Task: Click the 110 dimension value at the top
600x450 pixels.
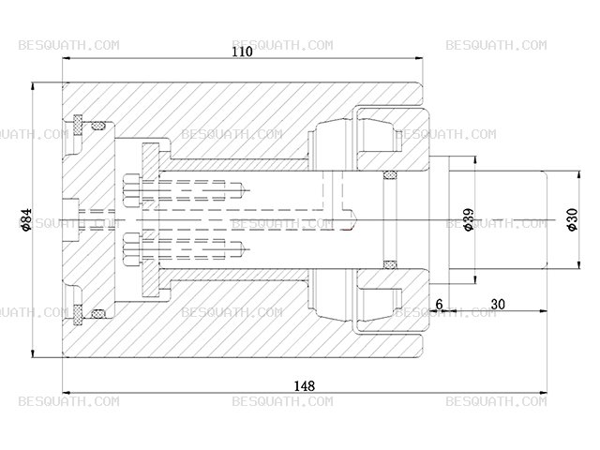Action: tap(243, 52)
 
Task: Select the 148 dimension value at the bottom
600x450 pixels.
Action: tap(305, 385)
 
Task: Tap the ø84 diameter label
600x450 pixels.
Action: tap(26, 220)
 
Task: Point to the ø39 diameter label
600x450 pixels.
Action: tap(469, 219)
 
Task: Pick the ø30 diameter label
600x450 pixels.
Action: tap(573, 219)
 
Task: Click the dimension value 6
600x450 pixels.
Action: tap(440, 304)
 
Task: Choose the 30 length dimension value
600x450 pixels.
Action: tap(498, 304)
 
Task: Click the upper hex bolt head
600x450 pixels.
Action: tap(132, 190)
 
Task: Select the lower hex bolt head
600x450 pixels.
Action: tap(132, 249)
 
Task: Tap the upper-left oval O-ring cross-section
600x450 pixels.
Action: tap(99, 125)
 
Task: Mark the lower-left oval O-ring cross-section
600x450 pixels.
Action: tap(99, 314)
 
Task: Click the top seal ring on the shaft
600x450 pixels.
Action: tap(390, 174)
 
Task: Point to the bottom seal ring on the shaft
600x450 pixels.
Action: tap(390, 264)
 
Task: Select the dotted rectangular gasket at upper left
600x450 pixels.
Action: tap(78, 125)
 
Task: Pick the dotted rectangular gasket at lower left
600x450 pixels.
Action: tap(78, 315)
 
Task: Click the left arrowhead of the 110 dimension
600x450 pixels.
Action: tap(67, 58)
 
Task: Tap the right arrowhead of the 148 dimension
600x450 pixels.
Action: tap(543, 393)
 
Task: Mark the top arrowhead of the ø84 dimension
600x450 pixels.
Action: tap(33, 86)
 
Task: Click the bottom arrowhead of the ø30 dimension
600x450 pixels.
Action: tap(580, 264)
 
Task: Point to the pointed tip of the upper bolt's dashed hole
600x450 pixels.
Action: tap(245, 190)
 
